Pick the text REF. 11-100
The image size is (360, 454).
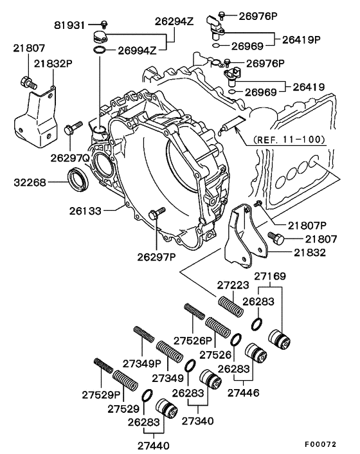[289, 139]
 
